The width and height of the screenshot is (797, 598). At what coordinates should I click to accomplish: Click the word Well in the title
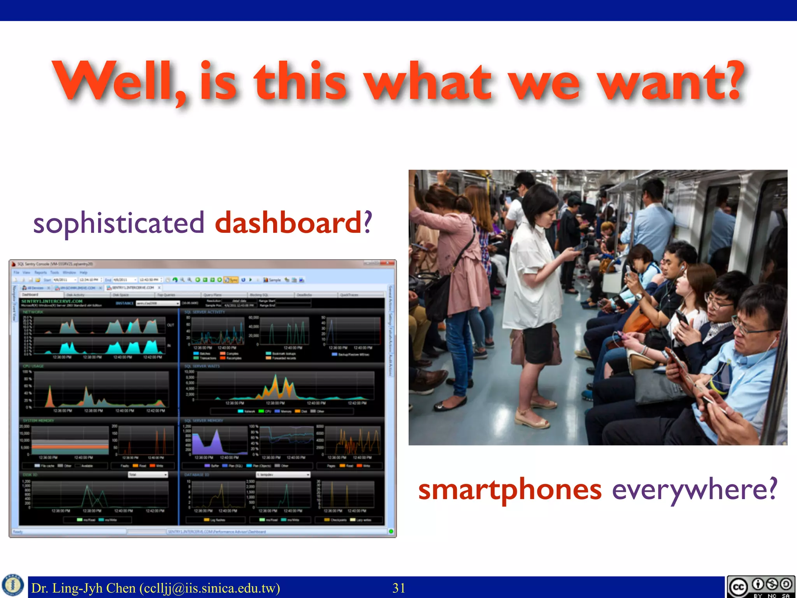click(117, 82)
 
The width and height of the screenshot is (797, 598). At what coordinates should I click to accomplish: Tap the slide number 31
click(399, 588)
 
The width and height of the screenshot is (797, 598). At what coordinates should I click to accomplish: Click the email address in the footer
click(210, 588)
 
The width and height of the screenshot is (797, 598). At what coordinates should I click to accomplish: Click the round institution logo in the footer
click(13, 585)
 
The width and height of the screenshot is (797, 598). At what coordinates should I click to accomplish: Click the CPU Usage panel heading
click(33, 366)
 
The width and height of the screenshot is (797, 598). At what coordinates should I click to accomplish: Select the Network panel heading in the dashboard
click(33, 312)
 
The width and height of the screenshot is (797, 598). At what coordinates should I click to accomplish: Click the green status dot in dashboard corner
click(391, 531)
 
